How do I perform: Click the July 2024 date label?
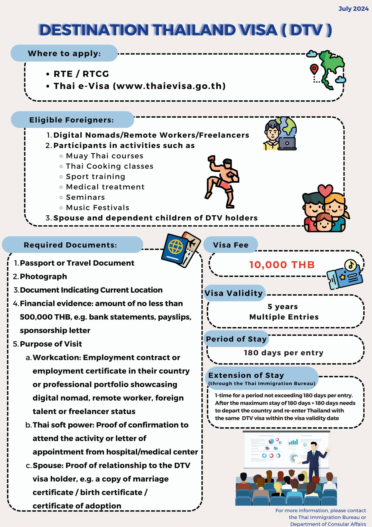tap(353, 9)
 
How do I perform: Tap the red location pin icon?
tap(314, 69)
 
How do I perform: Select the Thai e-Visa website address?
tap(169, 86)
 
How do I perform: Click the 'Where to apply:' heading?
tap(64, 53)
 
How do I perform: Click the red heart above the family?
tap(325, 191)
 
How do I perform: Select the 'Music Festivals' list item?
tap(97, 207)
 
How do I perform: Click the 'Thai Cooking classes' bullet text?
tap(109, 166)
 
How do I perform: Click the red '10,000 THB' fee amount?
tap(282, 265)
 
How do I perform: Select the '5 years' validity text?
tap(283, 307)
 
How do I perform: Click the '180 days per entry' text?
tap(284, 353)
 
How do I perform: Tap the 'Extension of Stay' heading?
tap(246, 375)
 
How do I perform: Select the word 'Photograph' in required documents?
tap(43, 277)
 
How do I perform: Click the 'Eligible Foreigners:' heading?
tap(71, 120)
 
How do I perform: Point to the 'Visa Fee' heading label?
tap(231, 245)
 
